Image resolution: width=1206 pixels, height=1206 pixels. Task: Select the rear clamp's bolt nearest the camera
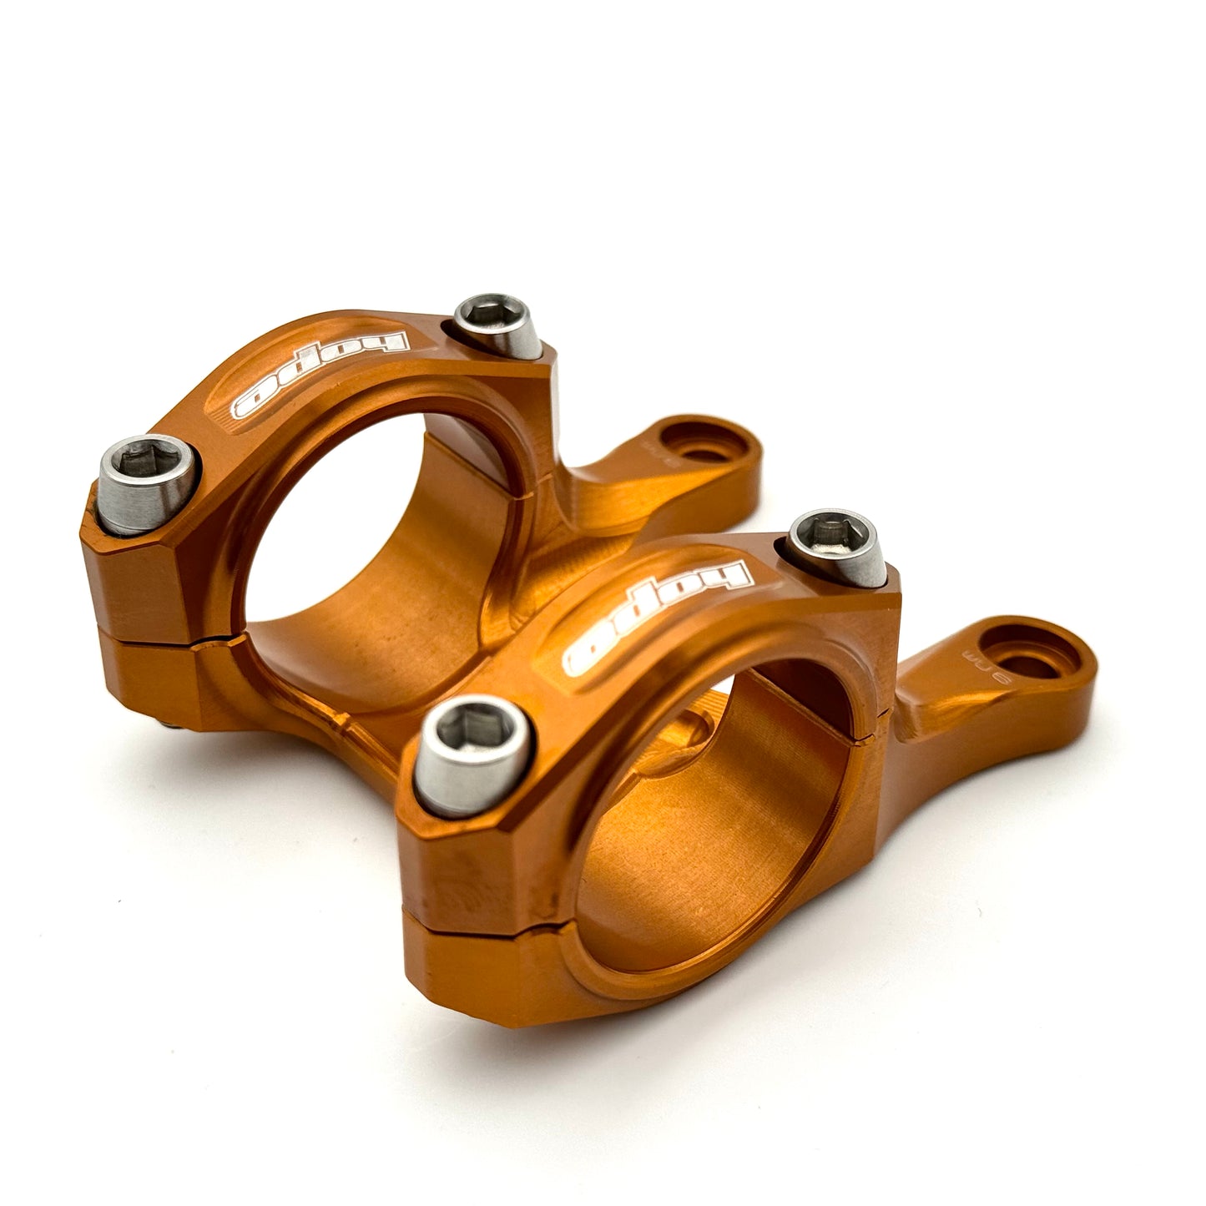pyautogui.click(x=149, y=485)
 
